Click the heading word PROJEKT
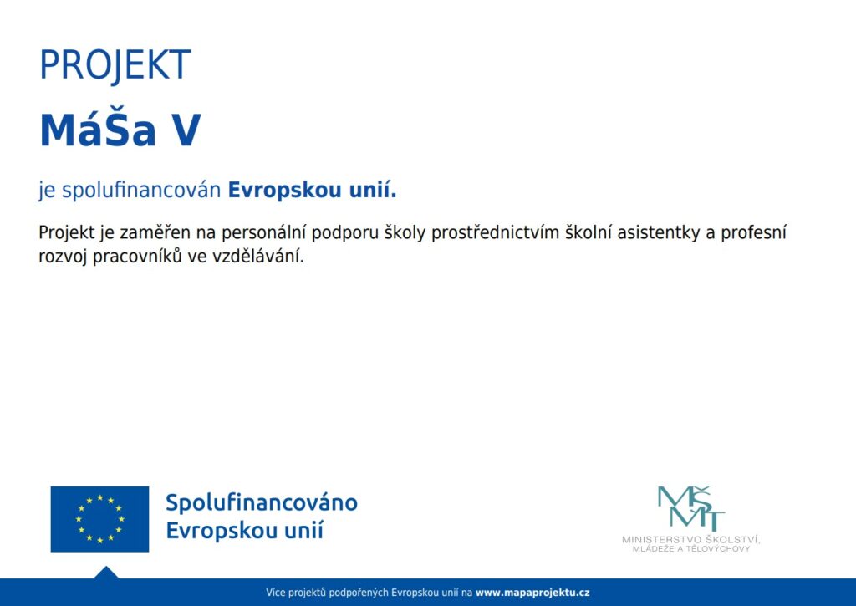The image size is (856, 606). tap(115, 65)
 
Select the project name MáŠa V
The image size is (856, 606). tap(120, 130)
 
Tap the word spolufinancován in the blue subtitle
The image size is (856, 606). tap(141, 191)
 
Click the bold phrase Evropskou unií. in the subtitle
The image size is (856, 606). tap(313, 191)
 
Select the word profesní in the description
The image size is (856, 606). tap(753, 232)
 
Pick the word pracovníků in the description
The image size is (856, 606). tap(137, 257)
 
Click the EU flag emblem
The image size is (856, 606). tap(100, 519)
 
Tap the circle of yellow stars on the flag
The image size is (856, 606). tap(100, 519)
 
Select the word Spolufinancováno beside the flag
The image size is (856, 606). tap(262, 503)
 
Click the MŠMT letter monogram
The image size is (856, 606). tap(691, 508)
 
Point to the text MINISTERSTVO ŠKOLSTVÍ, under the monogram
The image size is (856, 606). tap(691, 539)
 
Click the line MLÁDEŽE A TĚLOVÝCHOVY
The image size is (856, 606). tap(691, 548)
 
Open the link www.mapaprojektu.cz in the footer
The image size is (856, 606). tap(532, 593)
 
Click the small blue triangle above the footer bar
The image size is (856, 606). tap(106, 573)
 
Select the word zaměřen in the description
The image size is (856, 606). tap(155, 233)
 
